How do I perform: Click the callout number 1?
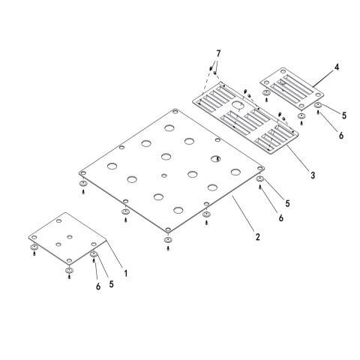tap(126, 273)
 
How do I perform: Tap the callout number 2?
tap(258, 236)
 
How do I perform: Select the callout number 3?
tap(313, 175)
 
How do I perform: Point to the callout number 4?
tap(337, 67)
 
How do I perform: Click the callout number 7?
tap(218, 53)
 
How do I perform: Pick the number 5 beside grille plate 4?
tap(344, 115)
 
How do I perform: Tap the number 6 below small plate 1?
tap(98, 286)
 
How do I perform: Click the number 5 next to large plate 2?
tap(287, 203)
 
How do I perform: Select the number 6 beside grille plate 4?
tap(341, 136)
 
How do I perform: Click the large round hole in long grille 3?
tap(238, 105)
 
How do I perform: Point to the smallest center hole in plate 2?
tap(163, 175)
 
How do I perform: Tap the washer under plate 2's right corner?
tap(260, 179)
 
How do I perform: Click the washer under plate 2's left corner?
tap(83, 184)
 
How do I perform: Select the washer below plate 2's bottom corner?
tap(168, 240)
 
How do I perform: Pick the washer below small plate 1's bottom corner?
tap(69, 270)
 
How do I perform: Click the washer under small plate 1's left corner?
tap(34, 247)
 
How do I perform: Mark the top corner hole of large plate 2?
tap(175, 112)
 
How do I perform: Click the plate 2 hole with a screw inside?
tap(215, 159)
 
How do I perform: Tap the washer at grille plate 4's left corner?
tap(266, 93)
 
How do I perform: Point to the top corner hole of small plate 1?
tap(58, 221)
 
